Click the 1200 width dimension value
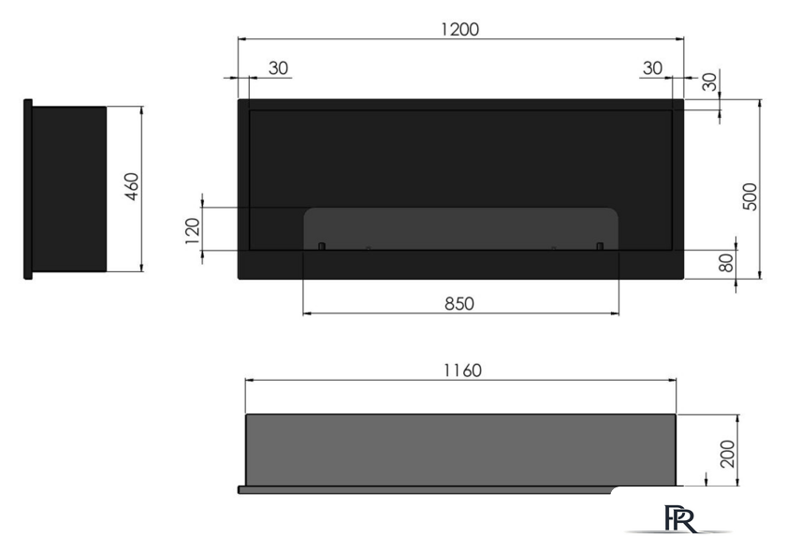[459, 29]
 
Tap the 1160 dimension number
[462, 370]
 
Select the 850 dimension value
[459, 304]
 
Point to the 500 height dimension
[750, 196]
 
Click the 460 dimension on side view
[131, 186]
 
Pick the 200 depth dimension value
[727, 454]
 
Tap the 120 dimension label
[193, 231]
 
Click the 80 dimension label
[726, 263]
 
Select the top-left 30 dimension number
[278, 67]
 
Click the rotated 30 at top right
[709, 81]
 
